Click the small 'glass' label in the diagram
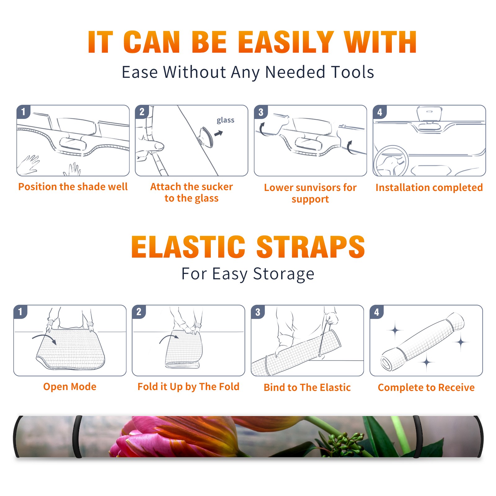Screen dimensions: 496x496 click(225, 120)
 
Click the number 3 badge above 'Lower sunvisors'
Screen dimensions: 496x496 click(261, 112)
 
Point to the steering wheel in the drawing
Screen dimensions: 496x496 click(391, 161)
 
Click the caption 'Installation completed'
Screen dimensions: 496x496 click(429, 187)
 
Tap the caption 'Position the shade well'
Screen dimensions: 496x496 click(73, 187)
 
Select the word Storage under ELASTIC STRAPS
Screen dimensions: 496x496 click(284, 274)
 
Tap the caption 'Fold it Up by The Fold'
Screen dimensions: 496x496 click(188, 387)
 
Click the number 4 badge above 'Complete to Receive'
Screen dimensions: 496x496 click(376, 312)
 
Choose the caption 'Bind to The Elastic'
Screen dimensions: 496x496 click(307, 387)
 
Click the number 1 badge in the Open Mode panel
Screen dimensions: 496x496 click(20, 312)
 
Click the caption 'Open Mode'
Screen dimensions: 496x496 click(70, 387)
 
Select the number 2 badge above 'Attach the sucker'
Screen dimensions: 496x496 click(142, 112)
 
